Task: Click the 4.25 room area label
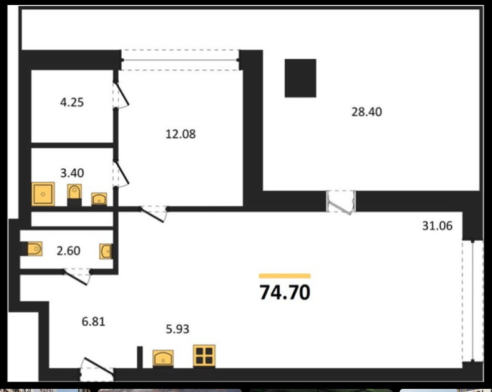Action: [72, 103]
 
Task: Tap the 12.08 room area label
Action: [180, 134]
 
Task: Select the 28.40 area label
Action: [367, 112]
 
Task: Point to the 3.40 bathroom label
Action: [72, 173]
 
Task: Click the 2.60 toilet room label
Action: [69, 251]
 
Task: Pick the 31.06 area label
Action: [437, 226]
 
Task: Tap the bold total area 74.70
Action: [285, 293]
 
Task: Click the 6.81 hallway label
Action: [93, 321]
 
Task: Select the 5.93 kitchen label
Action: [177, 329]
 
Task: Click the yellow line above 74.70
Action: [285, 276]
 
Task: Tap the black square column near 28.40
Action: [300, 78]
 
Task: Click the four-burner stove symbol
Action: [204, 356]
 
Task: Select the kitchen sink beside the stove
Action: [163, 358]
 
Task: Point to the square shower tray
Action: [43, 194]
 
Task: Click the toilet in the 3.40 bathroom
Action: [75, 192]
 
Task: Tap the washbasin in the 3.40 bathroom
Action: [99, 199]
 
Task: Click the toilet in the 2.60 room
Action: [34, 249]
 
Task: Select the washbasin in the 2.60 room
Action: [106, 251]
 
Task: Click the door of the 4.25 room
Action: [121, 94]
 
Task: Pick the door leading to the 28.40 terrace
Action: [341, 202]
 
